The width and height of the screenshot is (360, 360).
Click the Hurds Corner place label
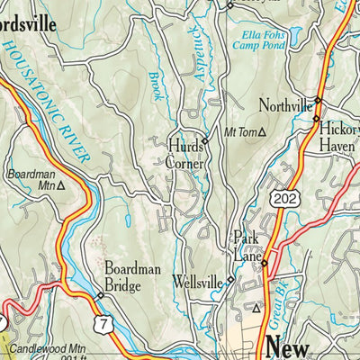tap(186, 154)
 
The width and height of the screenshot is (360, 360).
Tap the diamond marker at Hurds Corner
tap(205, 141)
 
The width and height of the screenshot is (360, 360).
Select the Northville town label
tap(284, 103)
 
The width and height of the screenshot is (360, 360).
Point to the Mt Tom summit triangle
tap(262, 132)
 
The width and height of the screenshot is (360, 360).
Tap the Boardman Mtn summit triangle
tap(61, 188)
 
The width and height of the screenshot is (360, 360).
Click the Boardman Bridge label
tap(131, 275)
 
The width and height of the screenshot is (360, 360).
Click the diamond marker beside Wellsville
tap(229, 279)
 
